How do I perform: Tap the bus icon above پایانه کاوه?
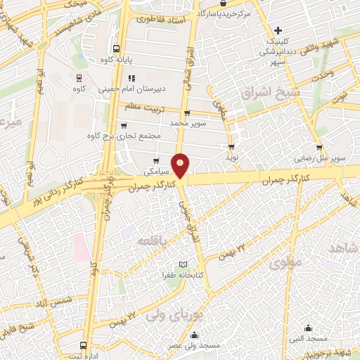click(x=115, y=49)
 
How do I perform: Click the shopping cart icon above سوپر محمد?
click(x=186, y=112)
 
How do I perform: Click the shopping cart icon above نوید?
click(x=231, y=146)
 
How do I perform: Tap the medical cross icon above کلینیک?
click(x=278, y=31)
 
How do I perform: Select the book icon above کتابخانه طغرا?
click(x=184, y=264)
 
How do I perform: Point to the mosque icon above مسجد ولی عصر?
click(x=195, y=335)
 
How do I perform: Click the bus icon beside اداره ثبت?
click(x=84, y=346)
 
